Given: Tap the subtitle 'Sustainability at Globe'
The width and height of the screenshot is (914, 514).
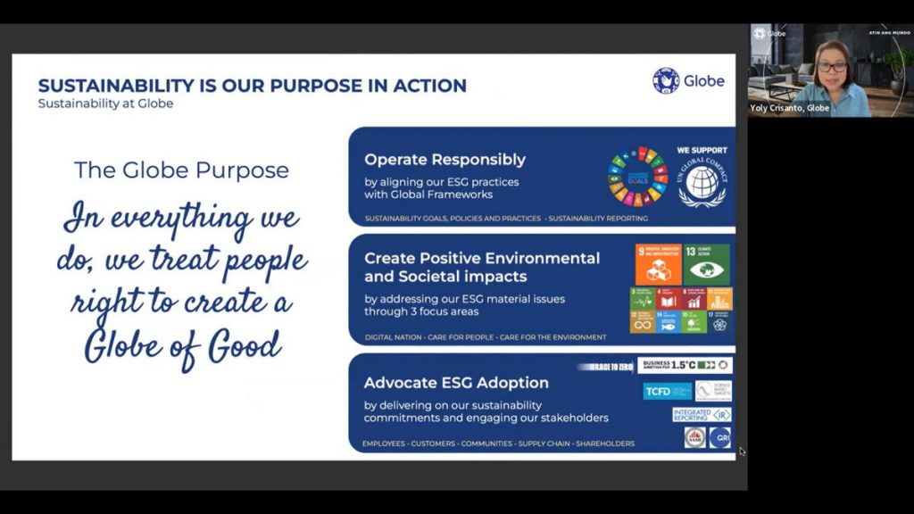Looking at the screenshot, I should [105, 104].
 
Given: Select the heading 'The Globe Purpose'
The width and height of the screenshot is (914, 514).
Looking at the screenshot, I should [181, 170].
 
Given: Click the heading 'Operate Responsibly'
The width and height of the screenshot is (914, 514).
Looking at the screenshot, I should [445, 160].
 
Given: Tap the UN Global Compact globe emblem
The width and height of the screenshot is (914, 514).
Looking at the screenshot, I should [702, 183].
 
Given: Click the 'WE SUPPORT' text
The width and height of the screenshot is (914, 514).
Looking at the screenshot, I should [702, 150].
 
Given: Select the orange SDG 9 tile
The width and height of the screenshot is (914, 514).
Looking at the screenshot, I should [656, 264].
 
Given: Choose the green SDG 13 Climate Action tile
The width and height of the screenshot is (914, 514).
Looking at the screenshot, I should [706, 264].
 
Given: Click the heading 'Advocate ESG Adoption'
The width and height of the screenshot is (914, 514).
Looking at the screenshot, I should [456, 383].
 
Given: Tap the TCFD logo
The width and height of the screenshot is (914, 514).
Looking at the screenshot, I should [667, 391].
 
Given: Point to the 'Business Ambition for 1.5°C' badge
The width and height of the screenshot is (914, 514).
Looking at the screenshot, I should [685, 365].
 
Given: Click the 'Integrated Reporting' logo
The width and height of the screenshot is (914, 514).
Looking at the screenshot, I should [702, 415].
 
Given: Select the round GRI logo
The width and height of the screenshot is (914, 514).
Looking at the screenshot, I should [719, 437].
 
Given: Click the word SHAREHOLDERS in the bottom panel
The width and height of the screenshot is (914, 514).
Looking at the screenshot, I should [605, 444].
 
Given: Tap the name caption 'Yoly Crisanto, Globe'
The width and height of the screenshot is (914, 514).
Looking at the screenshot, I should [790, 108].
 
